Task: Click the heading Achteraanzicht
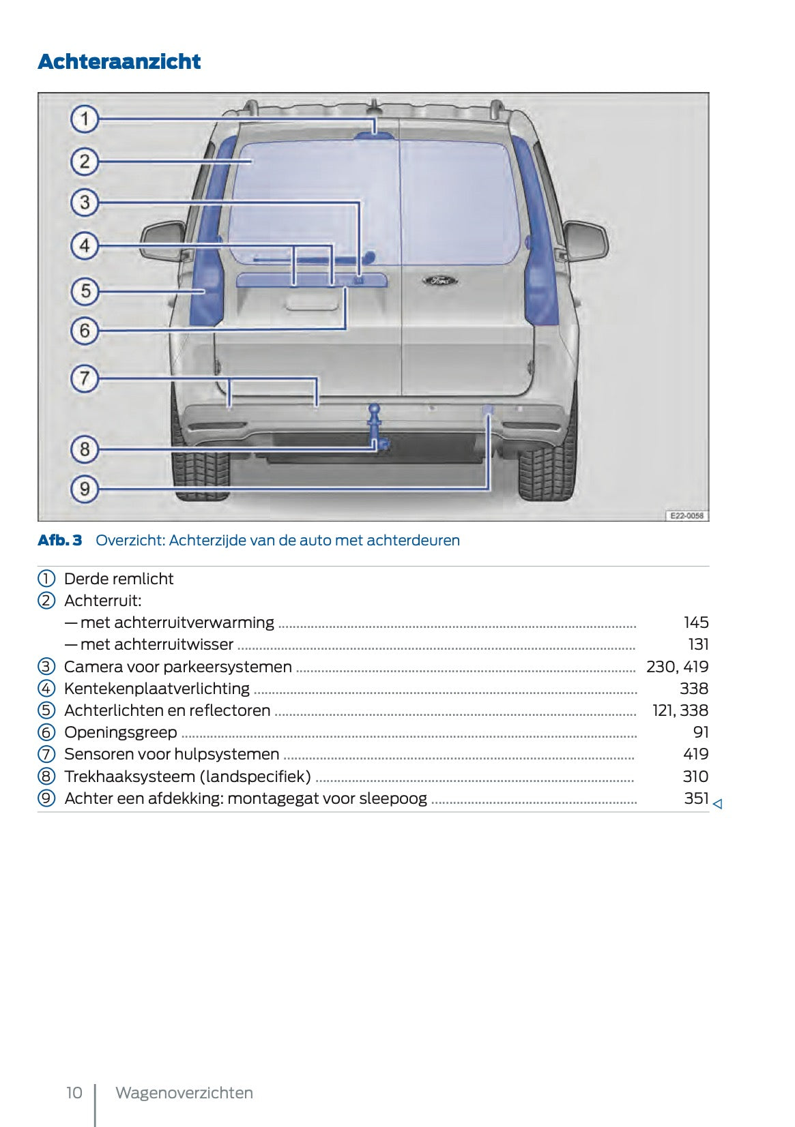pyautogui.click(x=119, y=61)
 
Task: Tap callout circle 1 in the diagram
pyautogui.click(x=85, y=119)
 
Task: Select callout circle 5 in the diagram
pyautogui.click(x=85, y=291)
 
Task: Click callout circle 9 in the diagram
pyautogui.click(x=85, y=489)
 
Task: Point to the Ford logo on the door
pyautogui.click(x=439, y=280)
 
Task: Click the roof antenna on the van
pyautogui.click(x=374, y=108)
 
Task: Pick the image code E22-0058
pyautogui.click(x=686, y=516)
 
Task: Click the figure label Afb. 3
pyautogui.click(x=59, y=540)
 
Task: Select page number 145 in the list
pyautogui.click(x=696, y=622)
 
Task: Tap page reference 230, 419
pyautogui.click(x=677, y=666)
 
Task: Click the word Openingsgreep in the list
pyautogui.click(x=120, y=732)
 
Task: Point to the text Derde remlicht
pyautogui.click(x=119, y=579)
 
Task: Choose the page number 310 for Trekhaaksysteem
pyautogui.click(x=695, y=776)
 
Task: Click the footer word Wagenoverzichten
pyautogui.click(x=184, y=1093)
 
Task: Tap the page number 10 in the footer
pyautogui.click(x=74, y=1093)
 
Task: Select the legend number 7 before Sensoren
pyautogui.click(x=46, y=754)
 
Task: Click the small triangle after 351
pyautogui.click(x=717, y=804)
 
